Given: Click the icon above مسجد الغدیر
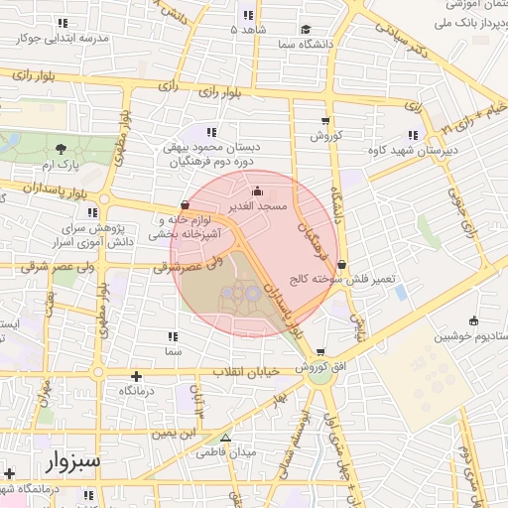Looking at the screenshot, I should pos(259,191).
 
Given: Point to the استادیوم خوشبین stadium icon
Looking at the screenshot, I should pos(473,320).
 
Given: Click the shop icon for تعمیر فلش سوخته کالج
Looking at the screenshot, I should pos(342,265).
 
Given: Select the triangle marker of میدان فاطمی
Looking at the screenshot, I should pos(225,438).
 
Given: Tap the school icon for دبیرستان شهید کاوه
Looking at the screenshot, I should pos(412,136).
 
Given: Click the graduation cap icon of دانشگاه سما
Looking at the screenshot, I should pos(307,30).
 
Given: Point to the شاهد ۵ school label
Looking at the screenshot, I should pos(247,31).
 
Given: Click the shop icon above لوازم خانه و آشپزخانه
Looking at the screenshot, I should pos(185,205).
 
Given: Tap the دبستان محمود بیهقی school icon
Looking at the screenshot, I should pos(210,132).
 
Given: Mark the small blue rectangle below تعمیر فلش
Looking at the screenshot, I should pos(400,293).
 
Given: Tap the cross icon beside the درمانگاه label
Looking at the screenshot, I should pos(136,376).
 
